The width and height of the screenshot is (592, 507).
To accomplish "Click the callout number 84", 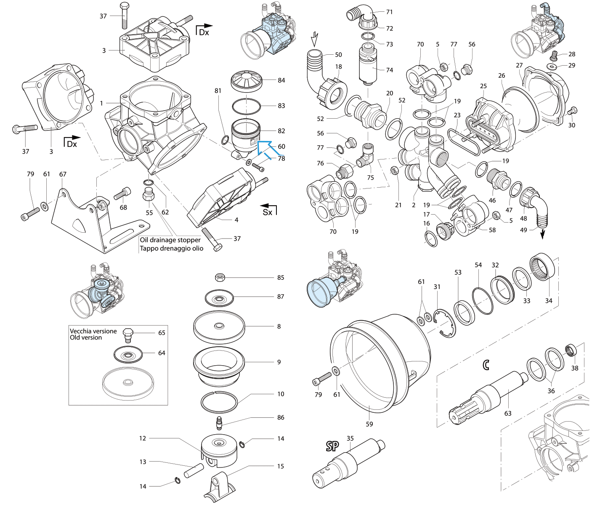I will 281,80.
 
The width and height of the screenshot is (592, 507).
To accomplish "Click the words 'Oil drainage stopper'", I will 170,240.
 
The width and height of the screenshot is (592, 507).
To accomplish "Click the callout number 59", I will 369,424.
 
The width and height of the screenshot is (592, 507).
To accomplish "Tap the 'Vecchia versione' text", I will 93,331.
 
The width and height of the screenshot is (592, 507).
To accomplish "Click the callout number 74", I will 390,70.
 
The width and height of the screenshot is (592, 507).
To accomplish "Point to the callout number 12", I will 143,438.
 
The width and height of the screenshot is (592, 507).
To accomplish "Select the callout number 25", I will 483,86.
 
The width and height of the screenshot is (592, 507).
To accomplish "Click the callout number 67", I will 63,174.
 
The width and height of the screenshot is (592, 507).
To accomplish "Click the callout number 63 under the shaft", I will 508,413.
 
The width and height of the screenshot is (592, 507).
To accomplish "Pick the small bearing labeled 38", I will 570,349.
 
